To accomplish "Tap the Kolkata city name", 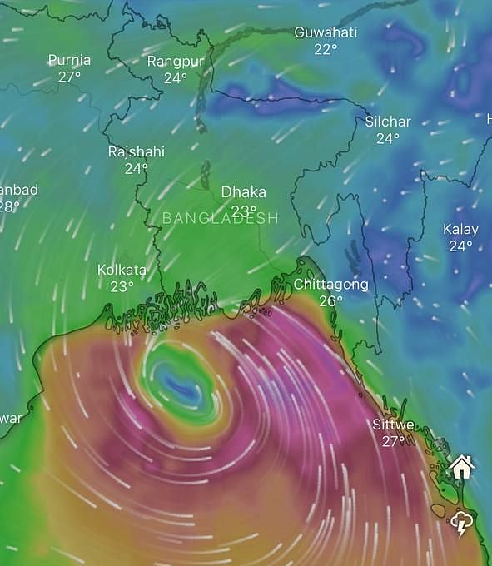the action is coord(122,270).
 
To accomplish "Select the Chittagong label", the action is coord(330,285).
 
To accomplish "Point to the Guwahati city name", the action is coord(326,32).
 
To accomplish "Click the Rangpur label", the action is coord(175,61).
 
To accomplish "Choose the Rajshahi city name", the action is coord(137,151).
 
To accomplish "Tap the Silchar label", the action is coord(388,122).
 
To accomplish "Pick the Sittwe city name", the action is coord(393,424).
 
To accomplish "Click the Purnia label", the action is coord(69,60).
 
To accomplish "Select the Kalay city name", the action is coord(460,229).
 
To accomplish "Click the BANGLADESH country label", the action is coord(220,218).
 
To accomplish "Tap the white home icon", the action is coord(462,466).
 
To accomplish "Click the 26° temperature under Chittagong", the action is coord(330,301).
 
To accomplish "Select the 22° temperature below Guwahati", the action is coord(326,49).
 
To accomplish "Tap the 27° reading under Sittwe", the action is coord(393,441).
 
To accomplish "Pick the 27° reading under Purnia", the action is coord(69,77).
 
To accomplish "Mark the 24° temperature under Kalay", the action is coord(460,246).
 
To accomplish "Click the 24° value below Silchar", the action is coord(388,138).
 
